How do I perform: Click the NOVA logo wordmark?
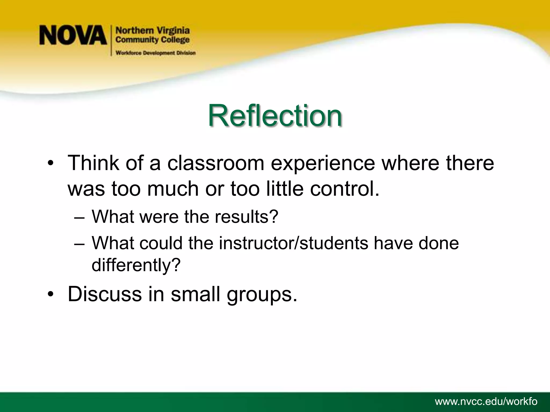(73, 35)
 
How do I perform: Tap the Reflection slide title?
(275, 116)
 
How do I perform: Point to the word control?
(345, 189)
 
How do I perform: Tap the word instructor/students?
(294, 243)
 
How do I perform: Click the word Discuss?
(105, 294)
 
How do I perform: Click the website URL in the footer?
(486, 402)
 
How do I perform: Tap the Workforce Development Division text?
(155, 53)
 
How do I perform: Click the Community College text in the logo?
(153, 40)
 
